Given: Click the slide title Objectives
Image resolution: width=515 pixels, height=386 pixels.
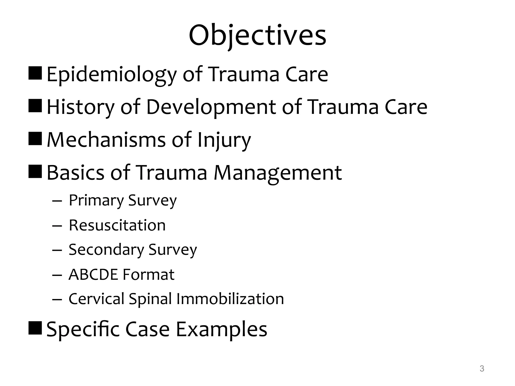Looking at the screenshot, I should [257, 36].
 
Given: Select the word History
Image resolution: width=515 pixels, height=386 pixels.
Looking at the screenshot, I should [81, 107].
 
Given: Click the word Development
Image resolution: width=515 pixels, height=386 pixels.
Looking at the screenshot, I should [211, 107].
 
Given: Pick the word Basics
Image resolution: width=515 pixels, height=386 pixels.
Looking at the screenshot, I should [75, 173].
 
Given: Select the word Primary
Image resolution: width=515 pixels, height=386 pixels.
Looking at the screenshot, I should [96, 201].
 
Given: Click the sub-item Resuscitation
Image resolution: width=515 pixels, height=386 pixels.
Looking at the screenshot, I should [117, 225].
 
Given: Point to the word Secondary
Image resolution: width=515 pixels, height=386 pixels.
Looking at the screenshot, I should [106, 250].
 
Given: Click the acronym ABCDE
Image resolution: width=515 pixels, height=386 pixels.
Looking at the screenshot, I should [93, 274].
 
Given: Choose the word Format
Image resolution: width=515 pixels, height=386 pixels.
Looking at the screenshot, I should [148, 274].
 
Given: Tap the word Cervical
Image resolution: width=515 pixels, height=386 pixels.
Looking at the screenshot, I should [96, 299].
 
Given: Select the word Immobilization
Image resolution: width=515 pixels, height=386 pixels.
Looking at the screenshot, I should [230, 299].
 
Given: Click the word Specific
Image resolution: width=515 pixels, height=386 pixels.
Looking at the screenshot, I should [83, 329].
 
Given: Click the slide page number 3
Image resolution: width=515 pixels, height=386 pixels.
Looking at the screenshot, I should [482, 369].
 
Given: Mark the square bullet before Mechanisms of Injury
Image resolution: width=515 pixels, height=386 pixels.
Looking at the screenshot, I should [35, 139].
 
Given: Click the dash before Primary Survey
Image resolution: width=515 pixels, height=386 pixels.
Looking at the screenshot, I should [57, 201].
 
